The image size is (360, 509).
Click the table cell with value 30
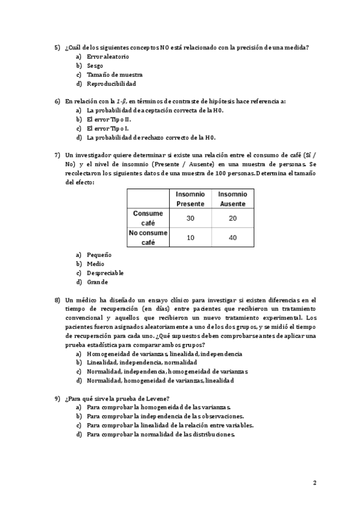(x=190, y=218)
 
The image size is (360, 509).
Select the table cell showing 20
(x=232, y=218)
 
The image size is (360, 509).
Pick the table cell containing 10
(x=190, y=238)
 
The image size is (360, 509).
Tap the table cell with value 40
(x=232, y=238)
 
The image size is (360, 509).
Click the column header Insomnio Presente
(x=190, y=199)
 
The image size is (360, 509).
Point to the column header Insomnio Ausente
(x=232, y=199)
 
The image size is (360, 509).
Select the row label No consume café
(x=148, y=238)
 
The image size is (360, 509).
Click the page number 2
(x=314, y=483)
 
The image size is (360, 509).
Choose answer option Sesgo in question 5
(x=95, y=65)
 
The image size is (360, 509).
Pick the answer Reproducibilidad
(x=111, y=83)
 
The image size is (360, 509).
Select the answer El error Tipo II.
(x=110, y=119)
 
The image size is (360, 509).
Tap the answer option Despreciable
(x=105, y=273)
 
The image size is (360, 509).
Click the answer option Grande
(x=97, y=282)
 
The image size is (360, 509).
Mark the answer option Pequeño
(x=99, y=254)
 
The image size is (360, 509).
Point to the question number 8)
(x=57, y=299)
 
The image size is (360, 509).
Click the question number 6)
(x=57, y=101)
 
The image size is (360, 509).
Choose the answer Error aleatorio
(x=108, y=56)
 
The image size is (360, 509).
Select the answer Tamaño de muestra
(x=114, y=74)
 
